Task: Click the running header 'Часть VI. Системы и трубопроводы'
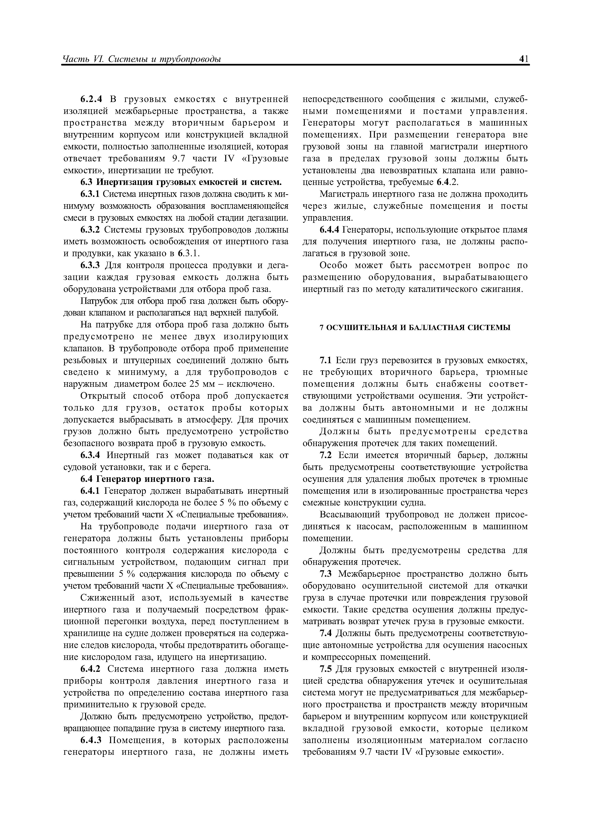tap(142, 59)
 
